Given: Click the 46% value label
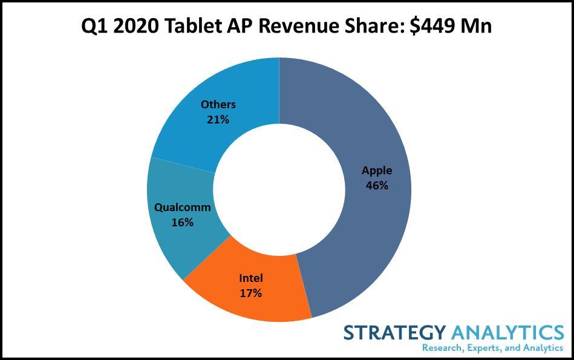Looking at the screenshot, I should [377, 186].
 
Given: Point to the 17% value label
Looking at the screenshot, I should [250, 293].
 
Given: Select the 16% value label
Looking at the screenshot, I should [182, 222].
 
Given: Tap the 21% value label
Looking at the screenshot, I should [218, 119].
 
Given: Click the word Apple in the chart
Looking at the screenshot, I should [377, 171].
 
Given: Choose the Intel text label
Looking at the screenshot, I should [250, 278].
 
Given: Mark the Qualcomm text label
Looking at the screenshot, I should [183, 207].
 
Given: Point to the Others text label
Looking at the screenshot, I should [218, 105].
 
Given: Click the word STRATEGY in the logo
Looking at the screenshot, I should [394, 332].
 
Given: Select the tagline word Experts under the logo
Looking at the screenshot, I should [480, 348].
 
